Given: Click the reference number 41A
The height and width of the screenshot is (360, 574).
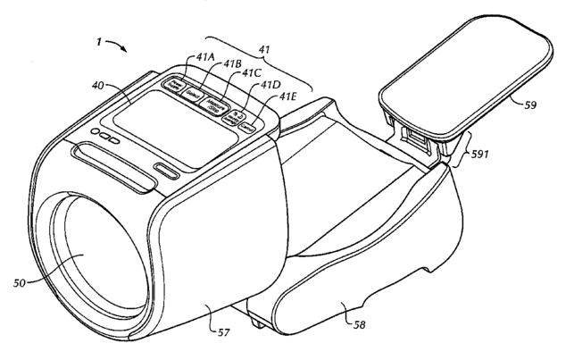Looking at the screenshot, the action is coord(205,54).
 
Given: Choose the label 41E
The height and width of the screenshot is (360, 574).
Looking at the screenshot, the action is coord(287,96).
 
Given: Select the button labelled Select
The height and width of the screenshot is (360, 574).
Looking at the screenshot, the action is coord(190,92).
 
